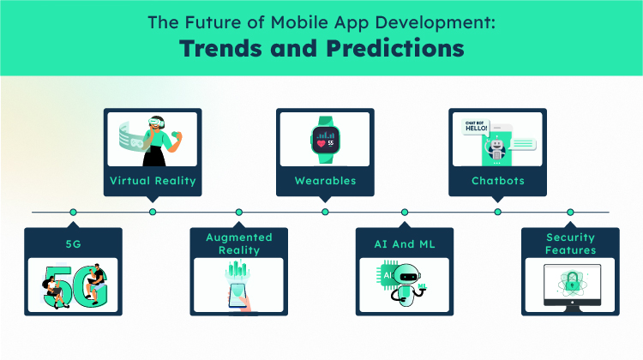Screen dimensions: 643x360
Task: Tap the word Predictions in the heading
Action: point(395,48)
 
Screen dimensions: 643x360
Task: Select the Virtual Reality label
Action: point(153,181)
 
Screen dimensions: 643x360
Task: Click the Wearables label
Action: point(325,181)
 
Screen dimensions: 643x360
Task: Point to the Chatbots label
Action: point(498,181)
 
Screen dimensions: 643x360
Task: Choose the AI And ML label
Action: point(405,244)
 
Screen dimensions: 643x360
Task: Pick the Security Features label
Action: point(570,243)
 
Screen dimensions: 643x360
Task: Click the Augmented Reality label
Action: point(239,243)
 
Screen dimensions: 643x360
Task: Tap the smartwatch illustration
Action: point(326,140)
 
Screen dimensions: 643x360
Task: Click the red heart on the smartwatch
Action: point(321,143)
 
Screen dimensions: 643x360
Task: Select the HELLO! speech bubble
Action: point(476,127)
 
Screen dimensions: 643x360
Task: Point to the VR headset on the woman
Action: point(156,122)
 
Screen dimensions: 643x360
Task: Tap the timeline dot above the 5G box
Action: point(74,212)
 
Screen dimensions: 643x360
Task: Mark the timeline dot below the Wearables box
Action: point(325,212)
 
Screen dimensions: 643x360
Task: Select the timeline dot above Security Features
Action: point(570,212)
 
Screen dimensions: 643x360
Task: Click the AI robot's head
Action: point(406,275)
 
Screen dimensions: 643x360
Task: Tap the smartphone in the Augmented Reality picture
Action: point(237,294)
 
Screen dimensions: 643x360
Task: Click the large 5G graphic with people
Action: point(75,285)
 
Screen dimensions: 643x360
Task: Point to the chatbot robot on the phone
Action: point(496,148)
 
